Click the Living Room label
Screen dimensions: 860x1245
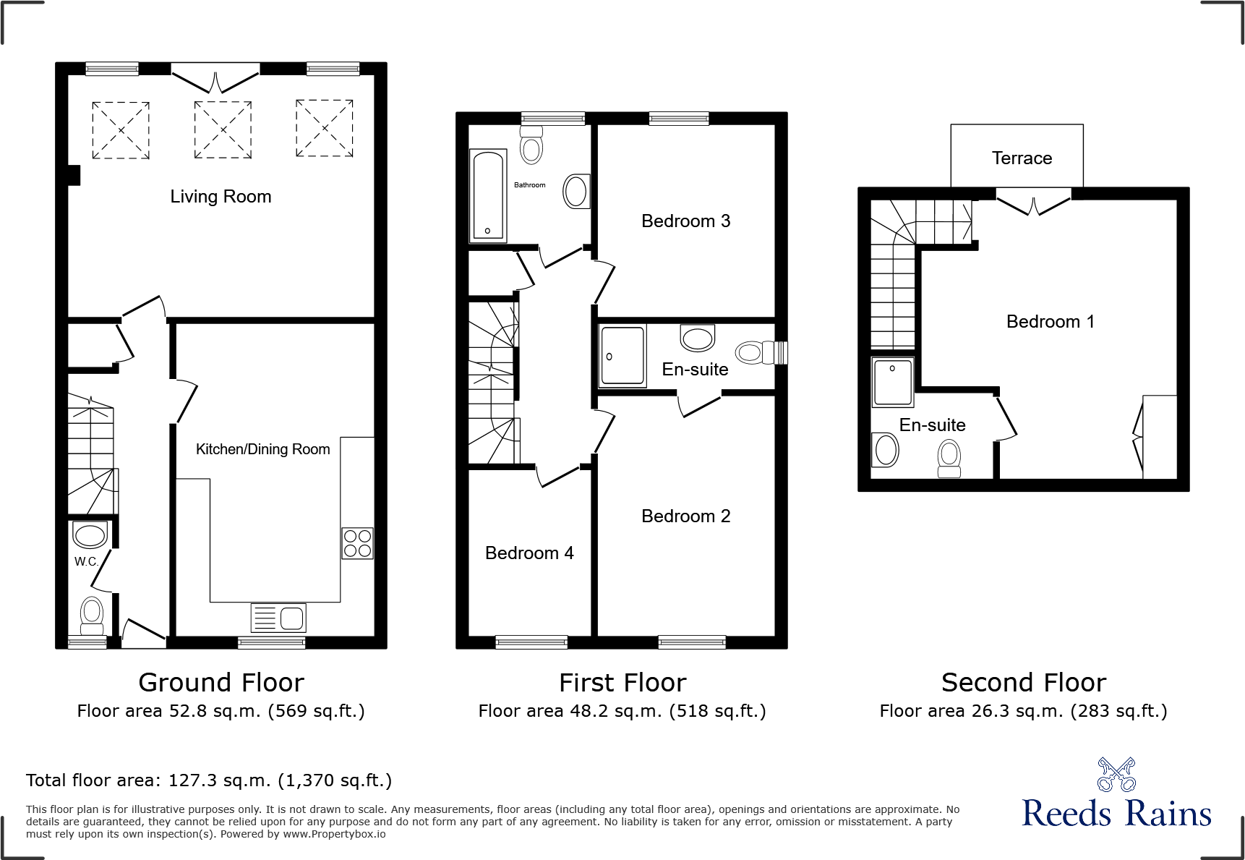(221, 197)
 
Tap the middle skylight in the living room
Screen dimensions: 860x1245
(223, 129)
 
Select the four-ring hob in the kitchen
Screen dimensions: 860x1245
(357, 543)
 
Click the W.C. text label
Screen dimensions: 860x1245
(86, 561)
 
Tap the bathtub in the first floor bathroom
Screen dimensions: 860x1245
(488, 195)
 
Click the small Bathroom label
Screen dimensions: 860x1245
(529, 185)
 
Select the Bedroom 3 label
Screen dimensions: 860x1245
(685, 221)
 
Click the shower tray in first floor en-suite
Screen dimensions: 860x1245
(622, 355)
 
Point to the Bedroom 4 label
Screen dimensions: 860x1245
(529, 553)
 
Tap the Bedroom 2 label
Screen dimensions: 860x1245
(685, 516)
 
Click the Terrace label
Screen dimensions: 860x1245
(1022, 158)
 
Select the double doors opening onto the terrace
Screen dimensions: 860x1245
(1034, 202)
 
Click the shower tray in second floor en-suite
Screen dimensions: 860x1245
(893, 382)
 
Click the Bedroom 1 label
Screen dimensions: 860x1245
(1050, 322)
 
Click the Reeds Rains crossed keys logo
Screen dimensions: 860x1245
(1116, 775)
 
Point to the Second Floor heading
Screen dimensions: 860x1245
(1023, 683)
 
